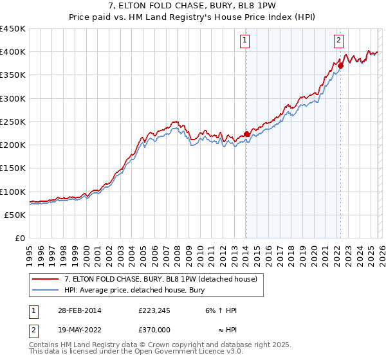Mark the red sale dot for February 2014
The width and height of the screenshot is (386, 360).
(x=246, y=134)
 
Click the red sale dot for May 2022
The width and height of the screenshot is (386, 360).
(x=340, y=66)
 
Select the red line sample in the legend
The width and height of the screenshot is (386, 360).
(x=46, y=279)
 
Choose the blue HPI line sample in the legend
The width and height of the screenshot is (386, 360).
(x=46, y=290)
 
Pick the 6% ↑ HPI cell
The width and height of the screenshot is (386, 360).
(x=220, y=310)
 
